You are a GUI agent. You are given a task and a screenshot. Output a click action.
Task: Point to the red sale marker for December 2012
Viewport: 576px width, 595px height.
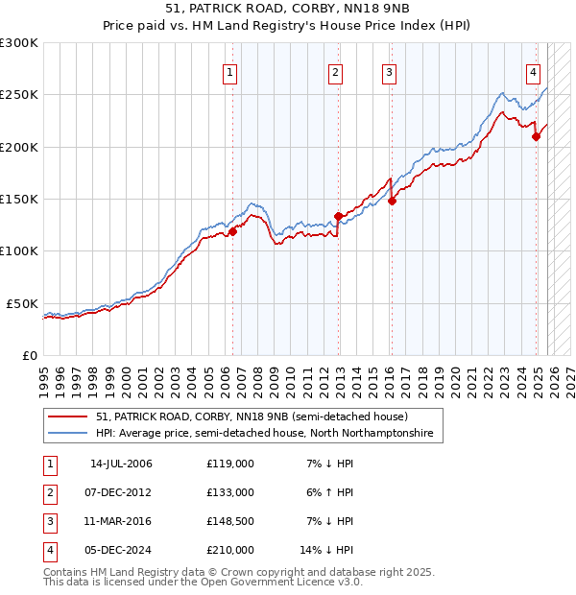tap(338, 216)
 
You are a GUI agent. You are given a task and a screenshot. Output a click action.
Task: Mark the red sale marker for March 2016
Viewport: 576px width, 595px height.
tap(392, 201)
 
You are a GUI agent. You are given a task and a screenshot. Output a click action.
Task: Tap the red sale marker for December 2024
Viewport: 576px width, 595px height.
tap(536, 136)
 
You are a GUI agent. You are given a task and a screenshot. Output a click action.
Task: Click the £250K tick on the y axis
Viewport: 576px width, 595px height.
tap(19, 95)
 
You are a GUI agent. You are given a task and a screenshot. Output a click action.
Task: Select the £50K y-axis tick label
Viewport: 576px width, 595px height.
tap(22, 303)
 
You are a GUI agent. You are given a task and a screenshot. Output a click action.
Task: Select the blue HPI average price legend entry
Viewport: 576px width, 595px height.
tap(264, 434)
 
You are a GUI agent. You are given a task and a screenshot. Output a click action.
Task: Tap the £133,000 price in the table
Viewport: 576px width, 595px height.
tap(230, 492)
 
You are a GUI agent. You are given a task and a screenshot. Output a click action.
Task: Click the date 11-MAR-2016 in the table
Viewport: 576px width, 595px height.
tap(121, 521)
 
